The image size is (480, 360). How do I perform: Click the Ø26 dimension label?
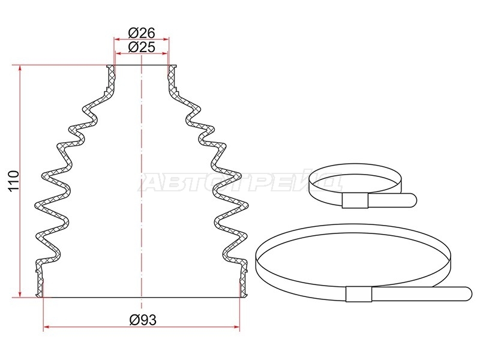coord(142,33)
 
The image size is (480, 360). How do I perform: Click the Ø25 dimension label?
coord(142,47)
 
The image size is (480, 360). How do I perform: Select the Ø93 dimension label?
coord(143,320)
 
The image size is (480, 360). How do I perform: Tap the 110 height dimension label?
coord(14,181)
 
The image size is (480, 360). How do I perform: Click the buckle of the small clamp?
coord(355,201)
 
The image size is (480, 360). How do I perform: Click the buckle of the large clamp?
coord(359,294)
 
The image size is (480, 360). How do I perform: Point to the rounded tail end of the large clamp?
coord(467,294)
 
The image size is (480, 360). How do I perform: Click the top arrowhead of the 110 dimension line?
coord(20,68)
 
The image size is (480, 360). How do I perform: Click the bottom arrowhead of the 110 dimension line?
coord(20,294)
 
